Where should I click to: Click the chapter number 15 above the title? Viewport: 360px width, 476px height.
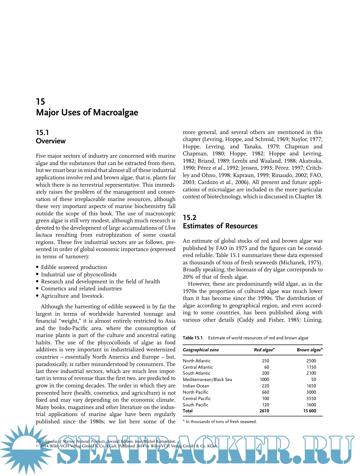40,102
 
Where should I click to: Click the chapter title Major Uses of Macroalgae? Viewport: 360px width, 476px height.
87,113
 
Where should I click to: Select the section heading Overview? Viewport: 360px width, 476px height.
51,141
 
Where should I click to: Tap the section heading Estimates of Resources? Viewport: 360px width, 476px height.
220,226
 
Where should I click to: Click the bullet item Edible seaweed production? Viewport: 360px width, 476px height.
74,267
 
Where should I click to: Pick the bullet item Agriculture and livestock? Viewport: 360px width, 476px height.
72,296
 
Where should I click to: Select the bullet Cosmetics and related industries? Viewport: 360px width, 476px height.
81,289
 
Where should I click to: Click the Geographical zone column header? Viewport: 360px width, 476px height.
201,350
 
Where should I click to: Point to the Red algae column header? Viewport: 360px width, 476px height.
264,350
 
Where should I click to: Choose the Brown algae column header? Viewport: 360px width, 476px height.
309,350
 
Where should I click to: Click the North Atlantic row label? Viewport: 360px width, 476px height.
197,361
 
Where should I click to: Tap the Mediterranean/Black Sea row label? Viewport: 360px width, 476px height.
207,380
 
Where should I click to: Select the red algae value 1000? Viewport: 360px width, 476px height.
264,380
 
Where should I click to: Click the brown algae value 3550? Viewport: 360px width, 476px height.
311,399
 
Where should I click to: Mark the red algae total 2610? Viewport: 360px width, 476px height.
264,411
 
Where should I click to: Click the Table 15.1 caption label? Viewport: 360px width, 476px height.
193,338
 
